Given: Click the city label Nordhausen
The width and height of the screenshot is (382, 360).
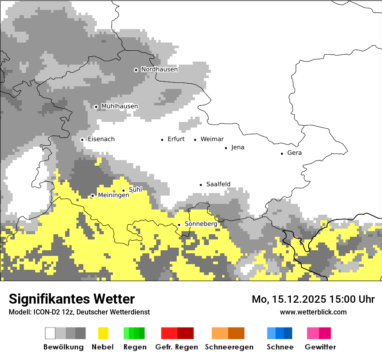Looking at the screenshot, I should pyautogui.click(x=159, y=69).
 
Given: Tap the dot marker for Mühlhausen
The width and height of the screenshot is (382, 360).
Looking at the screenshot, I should pyautogui.click(x=96, y=107).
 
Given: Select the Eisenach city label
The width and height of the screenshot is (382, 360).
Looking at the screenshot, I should pyautogui.click(x=101, y=139).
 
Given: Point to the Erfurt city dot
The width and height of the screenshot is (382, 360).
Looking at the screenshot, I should pyautogui.click(x=162, y=140).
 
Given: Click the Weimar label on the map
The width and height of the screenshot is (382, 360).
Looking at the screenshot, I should pyautogui.click(x=212, y=139).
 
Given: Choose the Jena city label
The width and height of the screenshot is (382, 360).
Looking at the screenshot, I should pyautogui.click(x=237, y=147).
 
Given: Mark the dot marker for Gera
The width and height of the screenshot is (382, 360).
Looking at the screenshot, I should pyautogui.click(x=282, y=153).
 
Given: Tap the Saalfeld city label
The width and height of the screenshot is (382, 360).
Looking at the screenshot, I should pyautogui.click(x=218, y=184).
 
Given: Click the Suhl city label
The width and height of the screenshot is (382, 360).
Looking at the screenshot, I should pyautogui.click(x=135, y=190).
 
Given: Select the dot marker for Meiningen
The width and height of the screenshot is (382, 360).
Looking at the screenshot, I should pyautogui.click(x=92, y=196).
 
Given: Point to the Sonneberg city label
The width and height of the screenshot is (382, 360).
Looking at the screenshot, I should pyautogui.click(x=201, y=224).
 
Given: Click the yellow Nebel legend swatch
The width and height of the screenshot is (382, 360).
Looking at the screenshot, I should pyautogui.click(x=103, y=333).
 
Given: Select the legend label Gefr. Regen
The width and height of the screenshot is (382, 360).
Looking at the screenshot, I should pyautogui.click(x=177, y=347).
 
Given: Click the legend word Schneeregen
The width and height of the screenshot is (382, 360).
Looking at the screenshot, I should pyautogui.click(x=229, y=347).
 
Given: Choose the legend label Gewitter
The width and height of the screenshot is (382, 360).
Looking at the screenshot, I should pyautogui.click(x=320, y=347).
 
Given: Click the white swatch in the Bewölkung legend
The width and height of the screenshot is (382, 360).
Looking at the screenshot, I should pyautogui.click(x=50, y=333).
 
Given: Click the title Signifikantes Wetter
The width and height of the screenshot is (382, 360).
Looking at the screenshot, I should pyautogui.click(x=72, y=299).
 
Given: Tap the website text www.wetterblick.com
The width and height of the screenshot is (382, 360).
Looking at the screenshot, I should pyautogui.click(x=313, y=312).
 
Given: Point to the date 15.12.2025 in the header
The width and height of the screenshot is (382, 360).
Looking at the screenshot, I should pyautogui.click(x=300, y=299).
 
